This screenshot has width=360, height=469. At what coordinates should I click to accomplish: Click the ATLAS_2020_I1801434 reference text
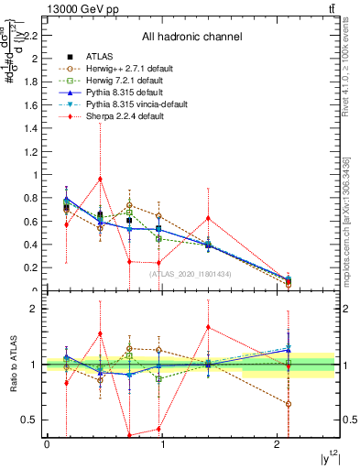point(191,275)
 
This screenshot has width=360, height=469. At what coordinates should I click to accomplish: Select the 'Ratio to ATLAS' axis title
point(12,365)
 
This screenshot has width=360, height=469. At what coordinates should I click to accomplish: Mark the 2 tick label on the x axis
point(278,445)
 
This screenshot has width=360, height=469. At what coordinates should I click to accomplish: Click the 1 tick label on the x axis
point(163,445)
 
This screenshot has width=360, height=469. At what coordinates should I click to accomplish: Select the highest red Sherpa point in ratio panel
point(209,327)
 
